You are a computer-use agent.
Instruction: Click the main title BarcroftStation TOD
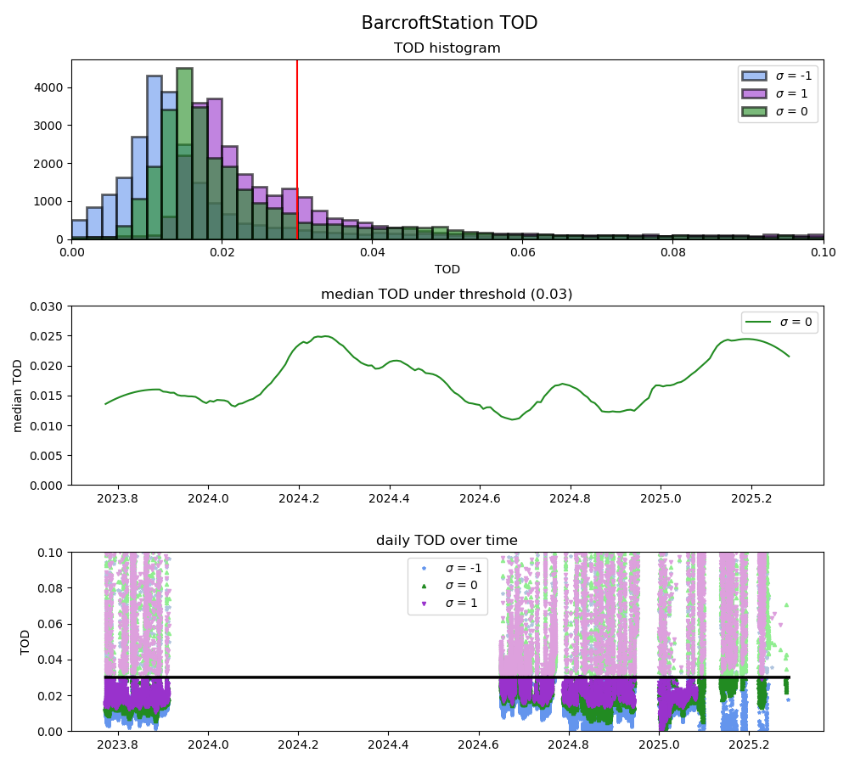pyautogui.click(x=449, y=23)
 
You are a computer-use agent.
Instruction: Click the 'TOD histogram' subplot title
pyautogui.click(x=447, y=48)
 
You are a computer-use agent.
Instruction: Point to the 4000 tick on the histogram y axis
pyautogui.click(x=53, y=87)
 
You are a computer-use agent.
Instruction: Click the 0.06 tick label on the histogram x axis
pyautogui.click(x=522, y=252)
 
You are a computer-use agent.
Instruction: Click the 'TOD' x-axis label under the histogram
pyautogui.click(x=447, y=269)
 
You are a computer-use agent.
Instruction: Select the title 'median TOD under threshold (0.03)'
pyautogui.click(x=447, y=295)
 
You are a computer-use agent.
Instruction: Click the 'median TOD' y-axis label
pyautogui.click(x=18, y=396)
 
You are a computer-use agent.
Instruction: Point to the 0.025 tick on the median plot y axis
pyautogui.click(x=48, y=335)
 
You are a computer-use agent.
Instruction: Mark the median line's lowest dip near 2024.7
pyautogui.click(x=513, y=419)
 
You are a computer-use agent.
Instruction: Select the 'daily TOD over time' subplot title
pyautogui.click(x=447, y=541)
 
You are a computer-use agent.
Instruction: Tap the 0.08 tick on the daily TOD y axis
pyautogui.click(x=51, y=587)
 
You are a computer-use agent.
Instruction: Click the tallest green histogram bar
pyautogui.click(x=184, y=153)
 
